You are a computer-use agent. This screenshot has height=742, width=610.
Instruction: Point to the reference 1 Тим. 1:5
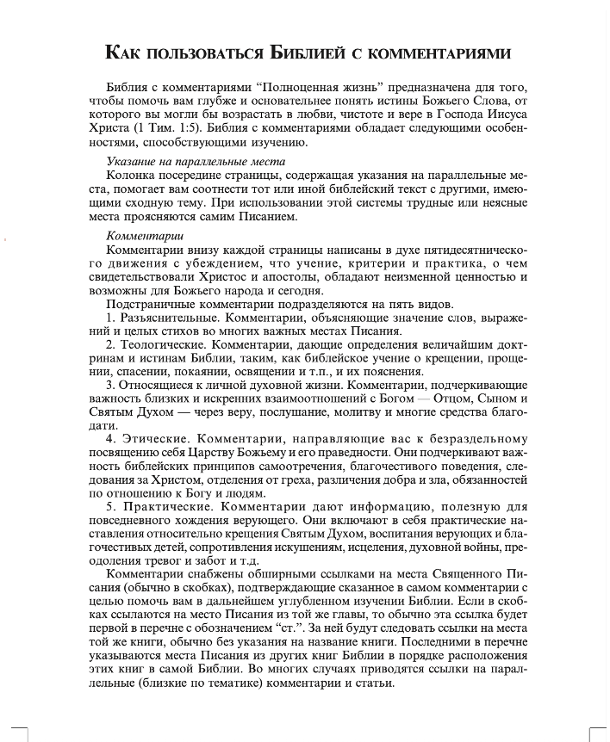point(171,127)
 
